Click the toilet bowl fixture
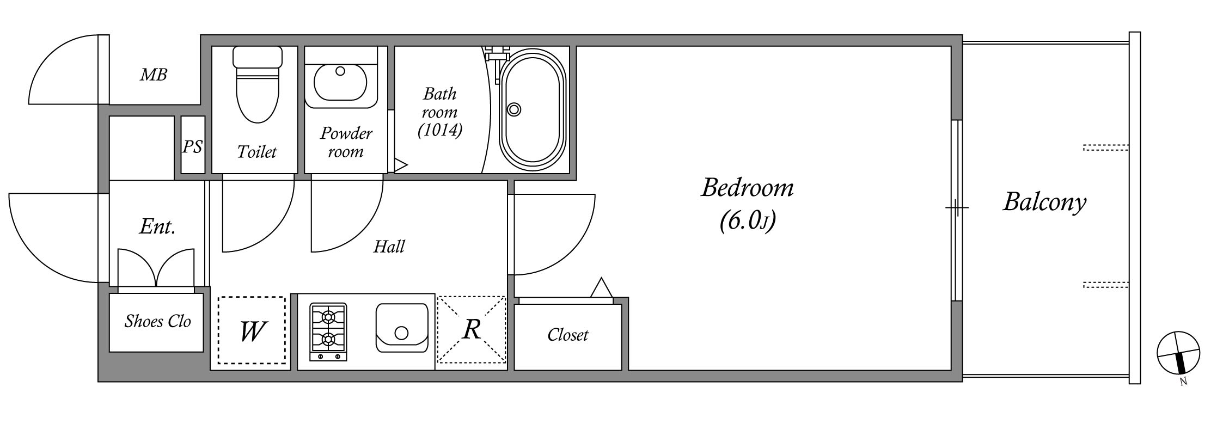258,84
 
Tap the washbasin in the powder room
340,82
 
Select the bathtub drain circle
513,109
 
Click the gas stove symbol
328,332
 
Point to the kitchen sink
402,328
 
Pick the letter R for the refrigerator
472,329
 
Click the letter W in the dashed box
253,330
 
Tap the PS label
192,146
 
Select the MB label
154,75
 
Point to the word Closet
567,334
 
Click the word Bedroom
747,188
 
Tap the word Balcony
1044,202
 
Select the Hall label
389,247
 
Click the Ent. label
157,226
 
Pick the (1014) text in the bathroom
440,130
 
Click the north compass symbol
1178,354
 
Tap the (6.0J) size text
747,221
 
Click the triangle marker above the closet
602,288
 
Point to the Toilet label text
257,151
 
